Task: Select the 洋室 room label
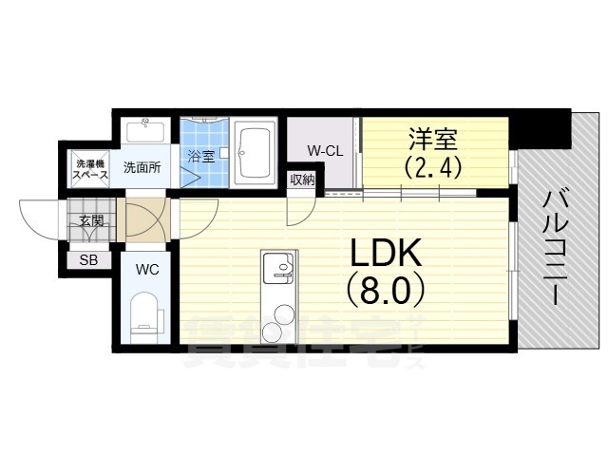433,140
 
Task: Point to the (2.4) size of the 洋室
433,168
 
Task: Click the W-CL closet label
324,150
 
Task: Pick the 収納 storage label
303,180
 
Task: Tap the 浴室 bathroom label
200,157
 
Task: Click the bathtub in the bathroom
255,153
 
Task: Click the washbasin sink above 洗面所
146,128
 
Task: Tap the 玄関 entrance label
91,221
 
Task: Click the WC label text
147,269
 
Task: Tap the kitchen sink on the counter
279,271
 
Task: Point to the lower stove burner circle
272,332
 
